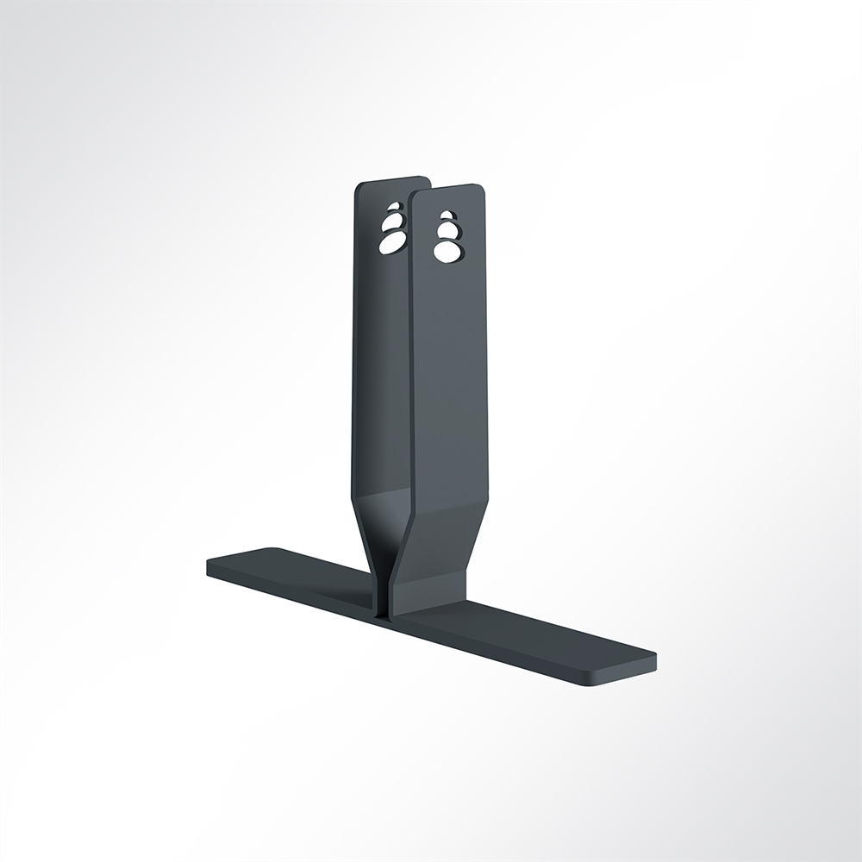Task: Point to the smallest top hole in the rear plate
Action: click(395, 209)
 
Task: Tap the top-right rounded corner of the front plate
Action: click(480, 189)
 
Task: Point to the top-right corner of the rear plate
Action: click(427, 180)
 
